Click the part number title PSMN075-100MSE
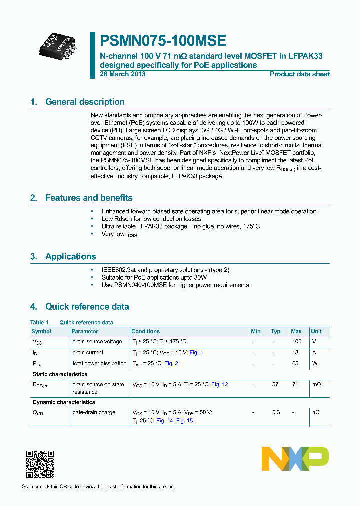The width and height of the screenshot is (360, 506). (163, 41)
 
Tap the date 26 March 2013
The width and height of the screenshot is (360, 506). (123, 74)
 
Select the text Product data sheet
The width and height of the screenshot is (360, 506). (299, 74)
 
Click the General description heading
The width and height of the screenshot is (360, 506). (85, 102)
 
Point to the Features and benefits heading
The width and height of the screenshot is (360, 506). (89, 198)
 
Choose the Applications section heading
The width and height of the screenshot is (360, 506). (70, 257)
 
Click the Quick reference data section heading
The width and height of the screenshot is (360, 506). (87, 307)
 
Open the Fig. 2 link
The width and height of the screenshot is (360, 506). (171, 364)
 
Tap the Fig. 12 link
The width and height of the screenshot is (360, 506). (219, 385)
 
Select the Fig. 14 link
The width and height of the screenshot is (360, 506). (164, 421)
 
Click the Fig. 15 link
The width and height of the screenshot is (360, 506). (184, 421)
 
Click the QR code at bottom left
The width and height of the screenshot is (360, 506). (40, 464)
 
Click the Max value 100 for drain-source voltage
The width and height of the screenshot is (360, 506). (296, 342)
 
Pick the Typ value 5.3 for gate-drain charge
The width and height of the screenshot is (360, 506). (276, 413)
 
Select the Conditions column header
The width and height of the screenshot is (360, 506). (145, 332)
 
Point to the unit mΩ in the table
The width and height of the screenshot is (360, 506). (316, 385)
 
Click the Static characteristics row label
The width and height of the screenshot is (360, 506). (60, 374)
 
